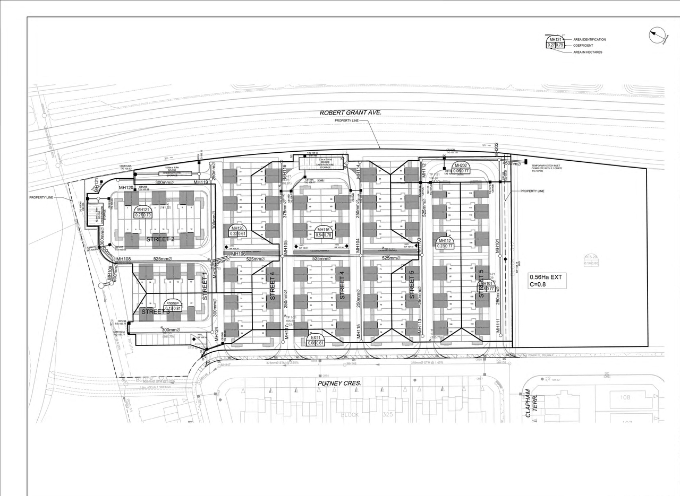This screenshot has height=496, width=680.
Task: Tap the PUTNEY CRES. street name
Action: click(x=339, y=383)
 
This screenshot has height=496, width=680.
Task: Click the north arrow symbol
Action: click(x=658, y=36)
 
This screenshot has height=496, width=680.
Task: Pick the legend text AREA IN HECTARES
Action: click(x=588, y=52)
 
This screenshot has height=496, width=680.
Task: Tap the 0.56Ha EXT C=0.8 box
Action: click(x=547, y=280)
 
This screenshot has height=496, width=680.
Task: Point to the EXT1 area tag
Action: click(x=316, y=340)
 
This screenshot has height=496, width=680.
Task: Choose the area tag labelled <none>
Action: click(x=174, y=305)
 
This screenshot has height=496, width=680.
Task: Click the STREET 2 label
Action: click(x=160, y=239)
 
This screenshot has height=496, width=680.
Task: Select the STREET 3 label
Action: click(x=155, y=312)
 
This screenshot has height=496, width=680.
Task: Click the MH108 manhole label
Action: click(x=124, y=259)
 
